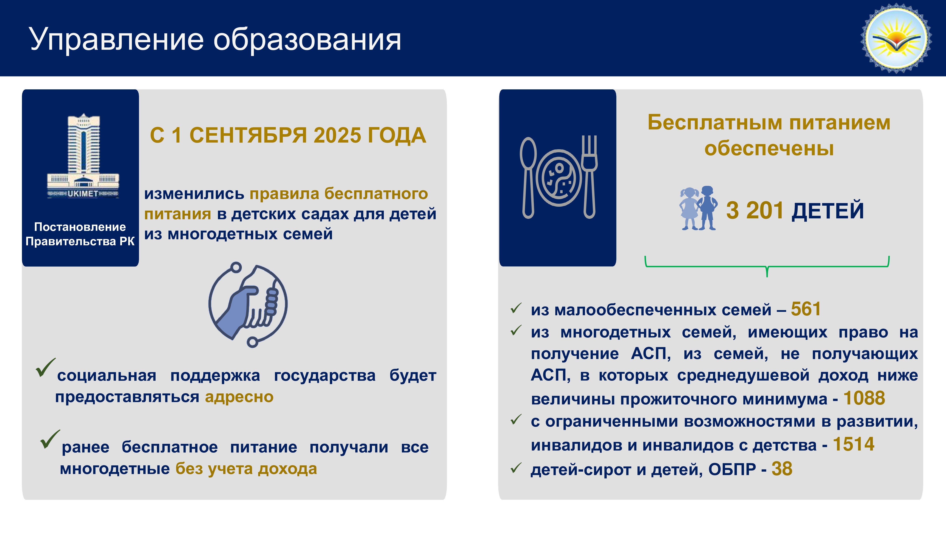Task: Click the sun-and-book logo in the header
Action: (x=896, y=38)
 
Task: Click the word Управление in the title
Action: (x=116, y=40)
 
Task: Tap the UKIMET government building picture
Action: (x=83, y=156)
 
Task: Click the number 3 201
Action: (x=755, y=211)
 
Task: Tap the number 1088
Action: (x=864, y=398)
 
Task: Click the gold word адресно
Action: (x=239, y=397)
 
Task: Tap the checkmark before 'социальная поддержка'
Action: (x=46, y=368)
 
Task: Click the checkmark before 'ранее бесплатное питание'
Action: (x=50, y=439)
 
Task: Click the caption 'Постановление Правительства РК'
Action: (x=80, y=234)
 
